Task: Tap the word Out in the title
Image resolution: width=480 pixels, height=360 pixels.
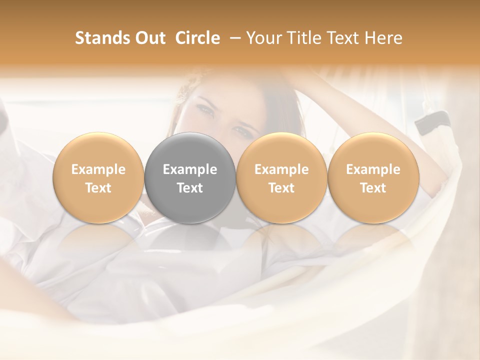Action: tap(150, 38)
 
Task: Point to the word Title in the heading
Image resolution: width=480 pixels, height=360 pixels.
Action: tap(304, 38)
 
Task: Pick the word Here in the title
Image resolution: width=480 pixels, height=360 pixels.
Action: tap(384, 38)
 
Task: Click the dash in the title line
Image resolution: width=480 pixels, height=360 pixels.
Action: tap(233, 38)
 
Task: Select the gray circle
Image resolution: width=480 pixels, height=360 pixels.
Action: tap(190, 178)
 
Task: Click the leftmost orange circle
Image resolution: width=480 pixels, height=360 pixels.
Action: tap(98, 178)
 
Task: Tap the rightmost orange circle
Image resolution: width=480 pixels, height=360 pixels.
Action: tap(373, 178)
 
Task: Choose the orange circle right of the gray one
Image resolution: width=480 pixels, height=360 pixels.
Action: tap(281, 178)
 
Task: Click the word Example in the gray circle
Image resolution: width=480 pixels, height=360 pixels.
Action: tap(190, 169)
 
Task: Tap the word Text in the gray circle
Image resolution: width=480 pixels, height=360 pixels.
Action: tap(190, 188)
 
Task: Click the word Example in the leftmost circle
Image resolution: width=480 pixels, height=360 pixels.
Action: tap(98, 169)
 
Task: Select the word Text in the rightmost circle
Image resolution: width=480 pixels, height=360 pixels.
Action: tap(373, 188)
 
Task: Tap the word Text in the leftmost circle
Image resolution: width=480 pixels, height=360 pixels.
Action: tap(98, 188)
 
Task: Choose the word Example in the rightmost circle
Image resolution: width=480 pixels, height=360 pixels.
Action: tap(373, 169)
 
